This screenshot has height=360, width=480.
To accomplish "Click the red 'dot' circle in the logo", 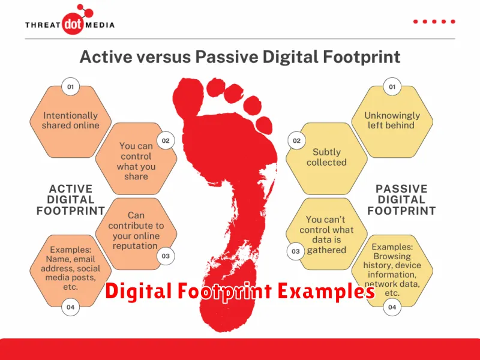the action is click(73, 24).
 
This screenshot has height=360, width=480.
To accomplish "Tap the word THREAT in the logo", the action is click(43, 25).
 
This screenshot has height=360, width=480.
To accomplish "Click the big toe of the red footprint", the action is click(188, 95).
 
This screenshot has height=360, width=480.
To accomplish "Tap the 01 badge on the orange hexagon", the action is click(70, 86).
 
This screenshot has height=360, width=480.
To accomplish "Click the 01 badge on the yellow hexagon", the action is click(392, 86).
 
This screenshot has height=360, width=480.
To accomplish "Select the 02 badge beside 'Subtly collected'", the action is click(296, 140).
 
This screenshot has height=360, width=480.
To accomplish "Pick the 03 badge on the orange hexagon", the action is click(166, 256).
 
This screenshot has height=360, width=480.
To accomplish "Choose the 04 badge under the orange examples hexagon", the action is click(70, 307).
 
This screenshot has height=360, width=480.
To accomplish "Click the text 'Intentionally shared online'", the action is click(70, 121).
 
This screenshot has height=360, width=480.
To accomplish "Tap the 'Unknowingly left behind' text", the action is click(392, 121).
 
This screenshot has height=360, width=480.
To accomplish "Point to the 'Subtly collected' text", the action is click(326, 157).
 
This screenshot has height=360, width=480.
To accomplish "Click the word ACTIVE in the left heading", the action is click(71, 188).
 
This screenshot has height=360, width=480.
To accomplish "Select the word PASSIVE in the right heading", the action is click(401, 188).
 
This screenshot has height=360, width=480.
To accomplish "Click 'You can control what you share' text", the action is click(136, 161).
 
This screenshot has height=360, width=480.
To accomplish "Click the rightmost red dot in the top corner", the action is click(453, 22).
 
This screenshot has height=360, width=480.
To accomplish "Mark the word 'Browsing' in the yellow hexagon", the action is click(392, 256).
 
